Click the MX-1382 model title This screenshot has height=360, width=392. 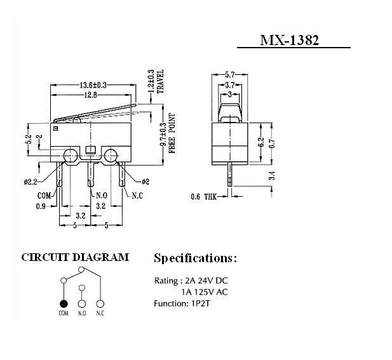coord(290,40)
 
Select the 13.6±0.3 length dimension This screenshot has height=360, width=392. coord(93,85)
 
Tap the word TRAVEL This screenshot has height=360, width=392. coord(160,81)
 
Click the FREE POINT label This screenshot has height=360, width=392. coord(172,133)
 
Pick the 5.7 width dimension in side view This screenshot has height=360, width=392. coord(229,74)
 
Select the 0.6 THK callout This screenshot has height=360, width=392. coord(204,197)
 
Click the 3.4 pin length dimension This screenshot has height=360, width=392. coord(272,175)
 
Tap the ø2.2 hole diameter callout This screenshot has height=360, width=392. coord(30,182)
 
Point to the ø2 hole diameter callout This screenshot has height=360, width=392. coord(145,182)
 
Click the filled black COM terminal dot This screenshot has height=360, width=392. coord(64,303)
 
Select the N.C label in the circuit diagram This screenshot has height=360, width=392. coord(100,313)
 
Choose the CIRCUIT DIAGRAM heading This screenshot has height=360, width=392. coord(75,257)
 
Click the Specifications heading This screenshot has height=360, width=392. coord(195,258)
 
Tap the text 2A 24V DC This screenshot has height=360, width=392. coord(206,281)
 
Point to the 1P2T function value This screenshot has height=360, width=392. coord(201,303)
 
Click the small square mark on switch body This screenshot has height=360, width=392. coord(55,129)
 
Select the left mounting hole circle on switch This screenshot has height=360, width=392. coord(70,156)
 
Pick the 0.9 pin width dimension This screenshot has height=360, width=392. coord(41,206)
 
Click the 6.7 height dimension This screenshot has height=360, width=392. coord(272,143)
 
